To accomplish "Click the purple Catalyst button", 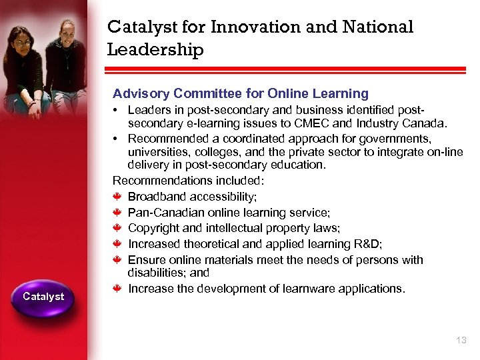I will coord(43,297).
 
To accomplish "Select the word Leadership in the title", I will coord(155,50).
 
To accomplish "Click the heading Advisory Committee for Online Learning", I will coord(241,94).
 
